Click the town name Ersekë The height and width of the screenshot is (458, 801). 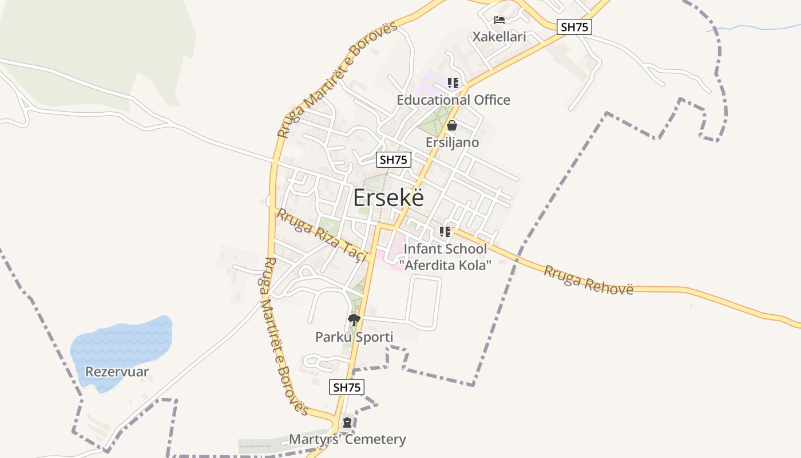388,198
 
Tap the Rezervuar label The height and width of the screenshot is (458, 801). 117,372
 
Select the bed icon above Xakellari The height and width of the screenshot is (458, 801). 499,20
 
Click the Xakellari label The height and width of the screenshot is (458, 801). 499,37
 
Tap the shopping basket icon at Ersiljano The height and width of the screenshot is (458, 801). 452,125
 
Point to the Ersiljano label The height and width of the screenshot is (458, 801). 452,141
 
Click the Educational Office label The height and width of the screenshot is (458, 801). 453,100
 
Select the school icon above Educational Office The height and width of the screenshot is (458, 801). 453,83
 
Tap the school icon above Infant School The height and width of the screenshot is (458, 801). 445,232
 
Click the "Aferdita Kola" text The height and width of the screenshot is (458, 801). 448,265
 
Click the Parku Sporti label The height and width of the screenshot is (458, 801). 354,337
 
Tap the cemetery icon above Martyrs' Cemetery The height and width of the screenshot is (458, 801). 347,423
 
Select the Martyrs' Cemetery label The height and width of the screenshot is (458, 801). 347,439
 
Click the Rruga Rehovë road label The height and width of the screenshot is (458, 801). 588,279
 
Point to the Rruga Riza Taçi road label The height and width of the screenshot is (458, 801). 321,235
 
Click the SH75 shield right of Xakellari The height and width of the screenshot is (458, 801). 574,27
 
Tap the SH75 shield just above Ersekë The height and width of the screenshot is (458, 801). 394,160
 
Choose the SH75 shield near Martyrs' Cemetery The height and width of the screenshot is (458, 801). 347,387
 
